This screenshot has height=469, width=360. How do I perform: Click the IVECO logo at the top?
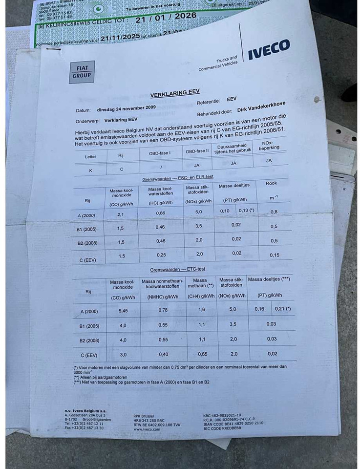click(268, 49)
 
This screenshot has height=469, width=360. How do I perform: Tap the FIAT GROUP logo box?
click(82, 72)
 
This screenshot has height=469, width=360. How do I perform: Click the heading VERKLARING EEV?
click(174, 93)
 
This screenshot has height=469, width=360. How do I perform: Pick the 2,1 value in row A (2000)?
click(121, 214)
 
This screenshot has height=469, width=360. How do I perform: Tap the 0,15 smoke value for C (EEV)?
click(275, 254)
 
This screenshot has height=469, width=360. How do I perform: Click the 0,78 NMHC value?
click(163, 310)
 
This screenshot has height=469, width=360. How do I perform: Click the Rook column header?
click(272, 183)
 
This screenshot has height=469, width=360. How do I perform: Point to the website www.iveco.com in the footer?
click(147, 429)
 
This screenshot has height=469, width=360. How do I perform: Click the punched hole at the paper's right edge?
click(317, 99)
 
